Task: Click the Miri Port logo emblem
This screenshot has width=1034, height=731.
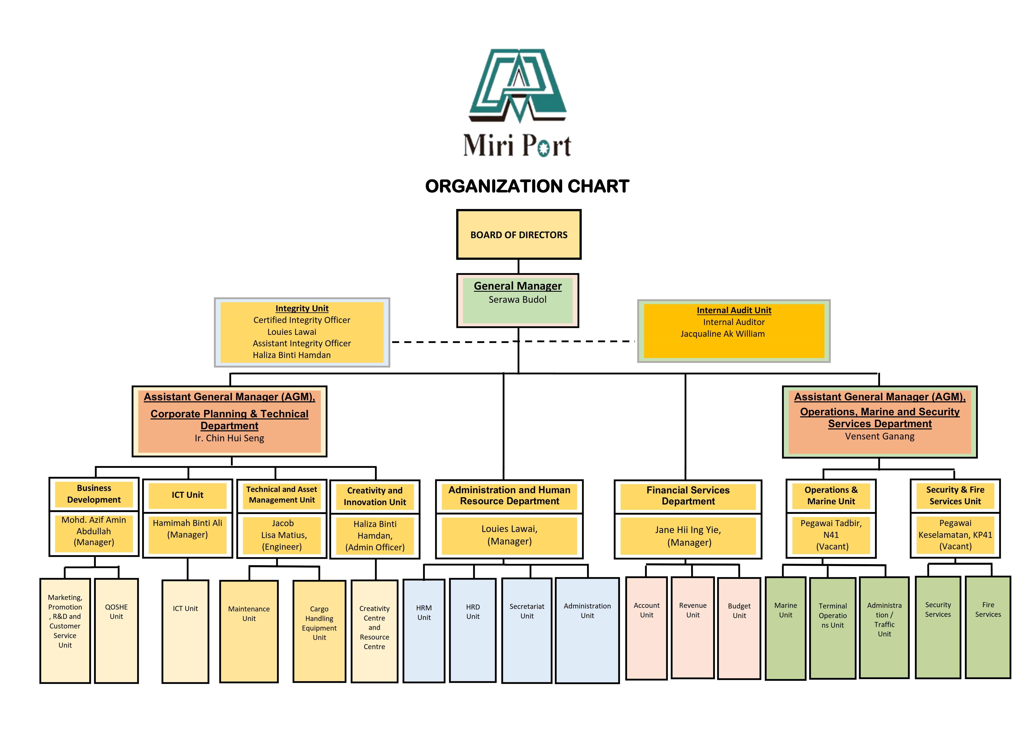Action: pos(518,86)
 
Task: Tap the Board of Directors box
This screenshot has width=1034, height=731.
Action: pos(519,235)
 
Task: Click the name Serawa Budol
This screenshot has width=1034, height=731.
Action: pos(517,299)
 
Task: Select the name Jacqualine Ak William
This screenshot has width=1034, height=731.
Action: pos(722,334)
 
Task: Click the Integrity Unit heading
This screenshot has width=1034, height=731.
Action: pos(302,309)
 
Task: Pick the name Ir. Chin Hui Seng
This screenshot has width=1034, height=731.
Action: pos(229,438)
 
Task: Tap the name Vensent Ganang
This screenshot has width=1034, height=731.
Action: pos(880,436)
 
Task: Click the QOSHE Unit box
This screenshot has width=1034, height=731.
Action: pos(116,631)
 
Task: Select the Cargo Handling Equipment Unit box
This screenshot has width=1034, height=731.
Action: pos(319,631)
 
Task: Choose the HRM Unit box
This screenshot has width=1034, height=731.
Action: pos(424,631)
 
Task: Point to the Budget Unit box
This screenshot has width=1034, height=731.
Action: pos(739,628)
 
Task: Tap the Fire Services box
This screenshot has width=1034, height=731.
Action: pos(988,627)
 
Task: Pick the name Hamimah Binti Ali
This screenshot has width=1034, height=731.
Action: pos(187,523)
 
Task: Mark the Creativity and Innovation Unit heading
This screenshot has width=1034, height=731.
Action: pos(375,496)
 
